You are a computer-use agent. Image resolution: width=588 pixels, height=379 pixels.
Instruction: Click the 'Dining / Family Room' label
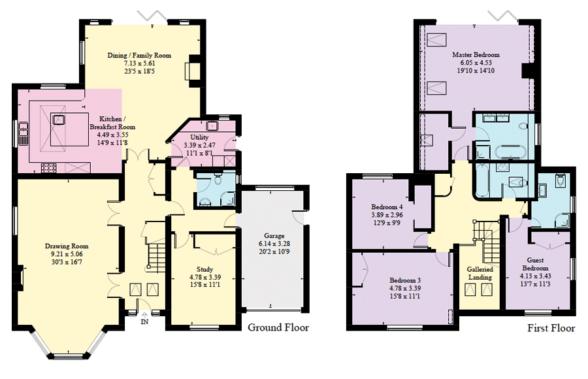pyautogui.click(x=139, y=55)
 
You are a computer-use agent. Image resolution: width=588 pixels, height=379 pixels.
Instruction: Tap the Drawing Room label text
pyautogui.click(x=67, y=246)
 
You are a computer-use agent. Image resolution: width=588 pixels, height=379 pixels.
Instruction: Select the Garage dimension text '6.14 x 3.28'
pyautogui.click(x=274, y=244)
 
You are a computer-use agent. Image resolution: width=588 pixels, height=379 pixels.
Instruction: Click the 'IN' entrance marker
pyautogui.click(x=144, y=321)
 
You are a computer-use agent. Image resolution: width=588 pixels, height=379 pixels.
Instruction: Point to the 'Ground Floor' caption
pyautogui.click(x=278, y=327)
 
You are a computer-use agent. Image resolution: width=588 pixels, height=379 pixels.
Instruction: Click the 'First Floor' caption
pyautogui.click(x=551, y=328)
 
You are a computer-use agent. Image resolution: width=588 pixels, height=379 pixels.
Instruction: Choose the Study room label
pyautogui.click(x=204, y=269)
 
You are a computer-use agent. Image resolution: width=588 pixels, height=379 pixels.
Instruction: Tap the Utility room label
pyautogui.click(x=199, y=137)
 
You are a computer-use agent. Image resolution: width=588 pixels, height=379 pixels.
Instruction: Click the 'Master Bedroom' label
pyautogui.click(x=476, y=54)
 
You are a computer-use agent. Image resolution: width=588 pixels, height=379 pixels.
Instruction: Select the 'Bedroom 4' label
pyautogui.click(x=387, y=206)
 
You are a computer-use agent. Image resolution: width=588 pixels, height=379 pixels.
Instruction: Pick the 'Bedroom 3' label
pyautogui.click(x=405, y=280)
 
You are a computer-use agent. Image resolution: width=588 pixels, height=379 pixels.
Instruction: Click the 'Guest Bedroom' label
pyautogui.click(x=536, y=264)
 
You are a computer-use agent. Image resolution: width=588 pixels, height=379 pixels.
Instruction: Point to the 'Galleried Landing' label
pyautogui.click(x=480, y=273)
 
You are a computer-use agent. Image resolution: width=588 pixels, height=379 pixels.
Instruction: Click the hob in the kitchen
pyautogui.click(x=48, y=168)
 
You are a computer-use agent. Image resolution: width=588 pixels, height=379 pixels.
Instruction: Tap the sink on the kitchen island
pyautogui.click(x=59, y=120)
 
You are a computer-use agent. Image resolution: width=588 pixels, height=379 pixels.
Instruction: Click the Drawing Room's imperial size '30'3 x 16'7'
pyautogui.click(x=67, y=262)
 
